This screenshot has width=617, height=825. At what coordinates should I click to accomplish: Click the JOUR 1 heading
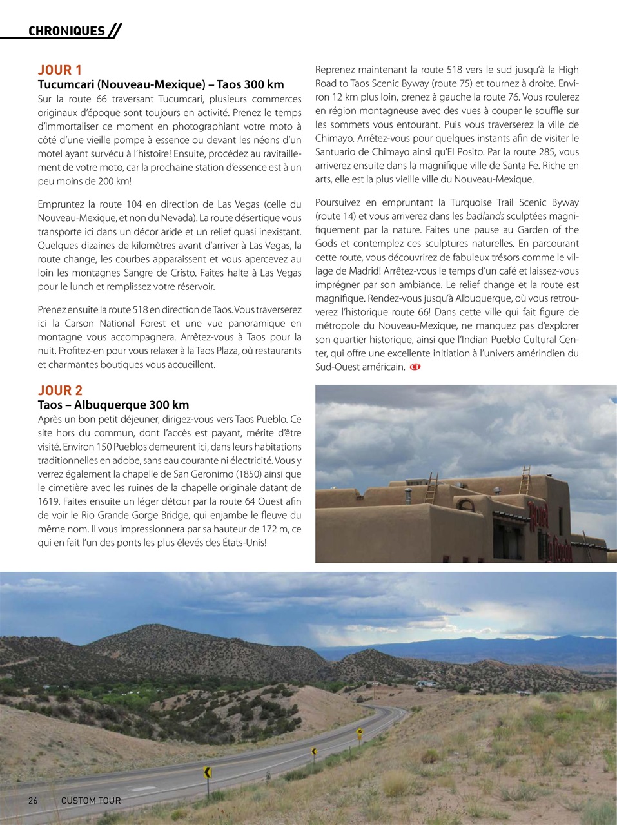(60, 70)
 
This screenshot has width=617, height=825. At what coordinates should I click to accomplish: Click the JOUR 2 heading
(60, 390)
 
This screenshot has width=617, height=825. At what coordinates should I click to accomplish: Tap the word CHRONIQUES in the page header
(66, 31)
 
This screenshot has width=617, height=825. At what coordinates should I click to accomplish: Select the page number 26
(33, 801)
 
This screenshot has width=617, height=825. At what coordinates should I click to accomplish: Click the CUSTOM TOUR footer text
(91, 801)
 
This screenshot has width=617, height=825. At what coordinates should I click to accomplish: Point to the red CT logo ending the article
(415, 367)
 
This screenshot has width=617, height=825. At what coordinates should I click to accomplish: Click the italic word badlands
(485, 216)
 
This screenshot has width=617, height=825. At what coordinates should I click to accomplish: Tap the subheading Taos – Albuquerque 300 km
(113, 405)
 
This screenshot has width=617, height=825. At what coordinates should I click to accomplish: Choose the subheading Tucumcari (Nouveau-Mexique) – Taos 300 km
(161, 84)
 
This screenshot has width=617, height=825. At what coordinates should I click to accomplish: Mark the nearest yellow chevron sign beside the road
(208, 772)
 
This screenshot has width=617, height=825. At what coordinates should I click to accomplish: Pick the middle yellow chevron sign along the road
(314, 751)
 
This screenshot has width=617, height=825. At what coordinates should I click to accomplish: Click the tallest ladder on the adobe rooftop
(525, 480)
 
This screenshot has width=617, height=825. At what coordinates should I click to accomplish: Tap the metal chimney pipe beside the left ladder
(407, 495)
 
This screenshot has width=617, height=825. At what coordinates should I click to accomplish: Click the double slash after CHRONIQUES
(115, 31)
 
